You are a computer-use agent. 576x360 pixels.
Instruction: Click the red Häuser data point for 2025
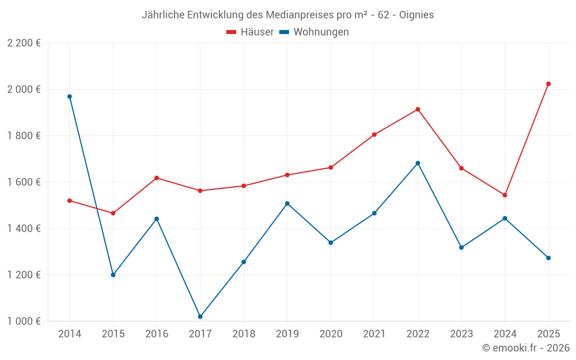point(548,84)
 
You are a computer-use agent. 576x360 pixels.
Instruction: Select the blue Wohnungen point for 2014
point(70,97)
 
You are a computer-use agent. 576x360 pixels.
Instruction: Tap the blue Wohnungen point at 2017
point(200,317)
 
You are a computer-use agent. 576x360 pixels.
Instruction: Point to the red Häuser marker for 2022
point(418,109)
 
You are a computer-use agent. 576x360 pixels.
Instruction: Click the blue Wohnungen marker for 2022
point(418,163)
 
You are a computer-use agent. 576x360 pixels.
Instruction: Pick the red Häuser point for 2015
point(113,213)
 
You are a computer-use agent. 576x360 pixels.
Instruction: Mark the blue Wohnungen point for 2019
point(287,203)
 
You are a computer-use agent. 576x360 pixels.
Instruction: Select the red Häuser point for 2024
point(505,195)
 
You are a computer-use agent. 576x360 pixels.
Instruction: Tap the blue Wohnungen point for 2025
point(548,258)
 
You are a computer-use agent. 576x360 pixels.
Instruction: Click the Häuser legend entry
point(250,32)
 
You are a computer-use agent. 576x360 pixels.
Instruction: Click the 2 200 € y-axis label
point(24,43)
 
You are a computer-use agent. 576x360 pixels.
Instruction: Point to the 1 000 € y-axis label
point(24,321)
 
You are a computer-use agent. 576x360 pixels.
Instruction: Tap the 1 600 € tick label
point(24,182)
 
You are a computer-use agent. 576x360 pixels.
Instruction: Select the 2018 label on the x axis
point(244,334)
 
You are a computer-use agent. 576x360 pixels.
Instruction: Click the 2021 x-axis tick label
point(374,334)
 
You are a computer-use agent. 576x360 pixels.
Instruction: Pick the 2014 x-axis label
point(70,334)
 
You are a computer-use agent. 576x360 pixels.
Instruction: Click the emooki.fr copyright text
point(525,348)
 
